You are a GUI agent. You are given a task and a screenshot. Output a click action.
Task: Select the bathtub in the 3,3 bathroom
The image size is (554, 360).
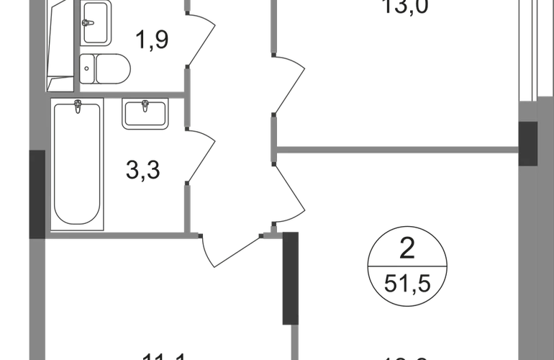pyautogui.click(x=78, y=166)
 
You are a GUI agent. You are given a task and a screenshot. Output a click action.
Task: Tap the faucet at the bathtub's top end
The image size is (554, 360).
pyautogui.click(x=78, y=107)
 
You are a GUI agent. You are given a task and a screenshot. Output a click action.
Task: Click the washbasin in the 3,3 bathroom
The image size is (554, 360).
pyautogui.click(x=146, y=114)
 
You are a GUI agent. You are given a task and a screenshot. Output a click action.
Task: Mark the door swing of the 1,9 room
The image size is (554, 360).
pyautogui.click(x=201, y=40)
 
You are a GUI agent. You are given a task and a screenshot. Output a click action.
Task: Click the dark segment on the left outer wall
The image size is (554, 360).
pyautogui.click(x=35, y=193)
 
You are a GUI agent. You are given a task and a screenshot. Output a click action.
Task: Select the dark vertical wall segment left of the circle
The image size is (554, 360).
pyautogui.click(x=291, y=278)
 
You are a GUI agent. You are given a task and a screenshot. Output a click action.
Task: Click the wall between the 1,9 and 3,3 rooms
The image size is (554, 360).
pyautogui.click(x=115, y=91)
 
